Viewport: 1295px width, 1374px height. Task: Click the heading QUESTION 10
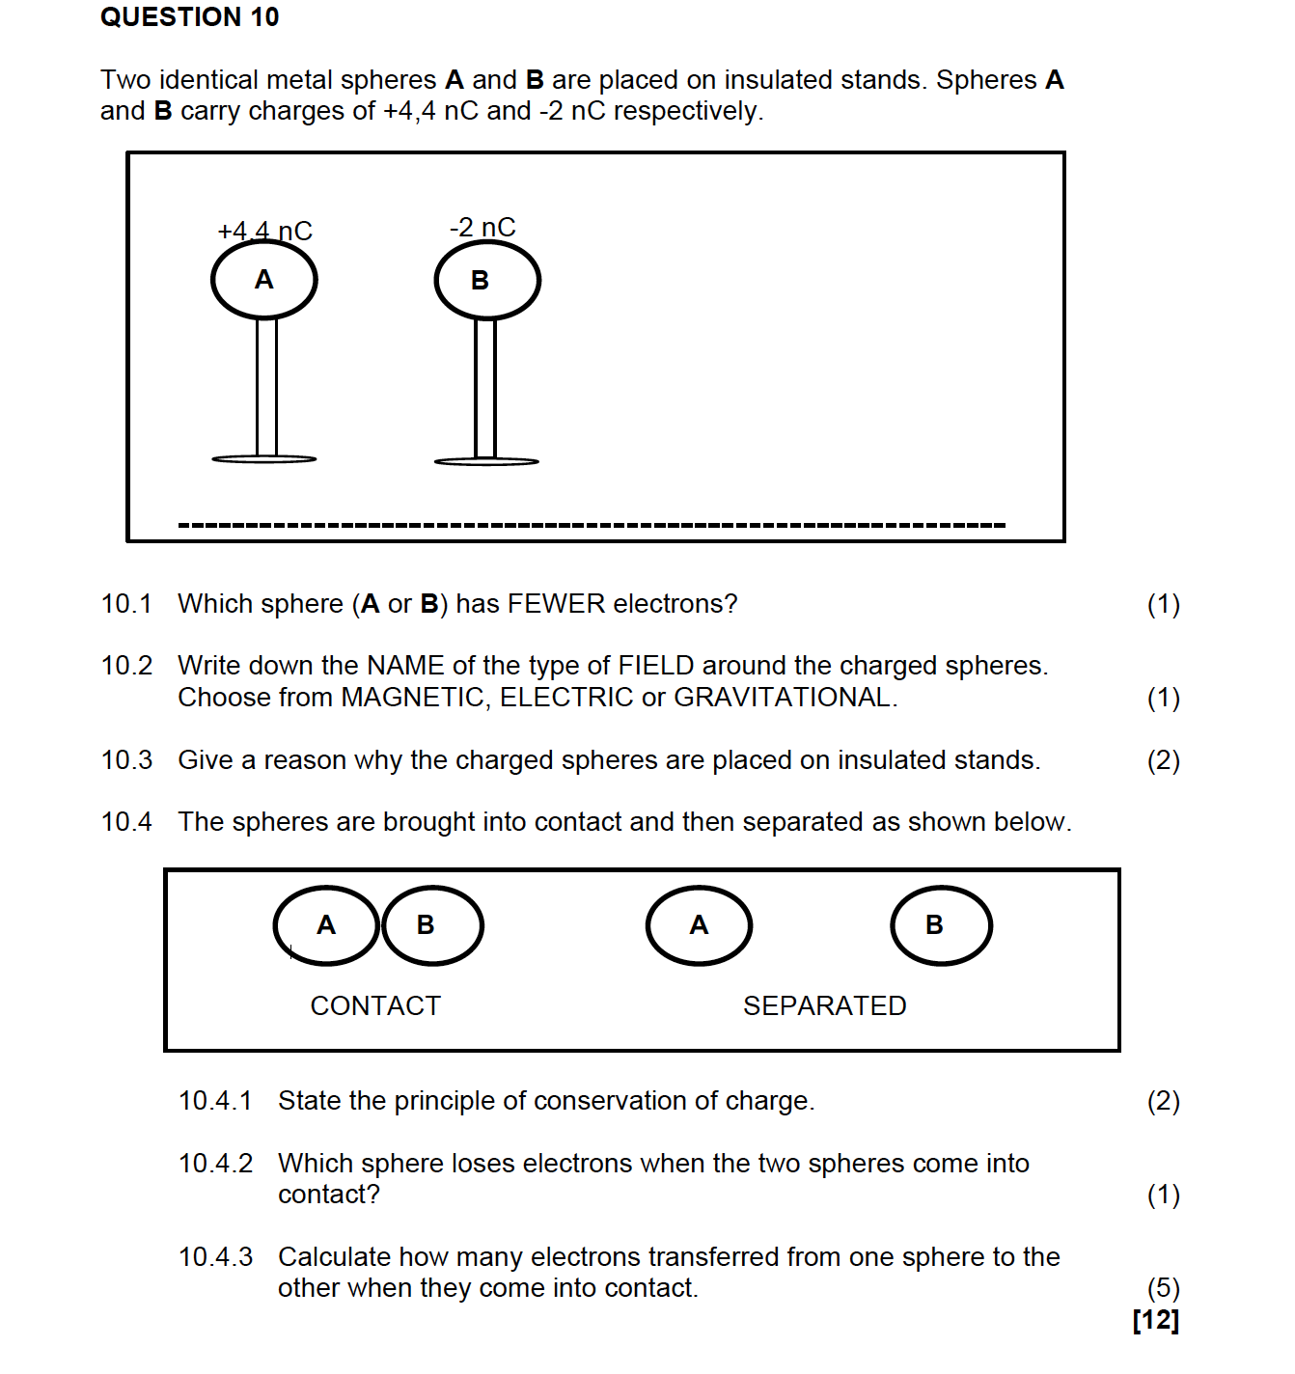[x=189, y=17]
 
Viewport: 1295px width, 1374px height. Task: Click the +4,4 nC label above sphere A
[x=264, y=231]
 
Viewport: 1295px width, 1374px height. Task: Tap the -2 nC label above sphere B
[x=482, y=227]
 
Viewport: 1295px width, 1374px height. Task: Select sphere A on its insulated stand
[x=264, y=280]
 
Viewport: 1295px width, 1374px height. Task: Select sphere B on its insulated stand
[x=487, y=281]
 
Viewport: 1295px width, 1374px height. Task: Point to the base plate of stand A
[x=264, y=459]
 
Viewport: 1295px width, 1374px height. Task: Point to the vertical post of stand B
[x=485, y=389]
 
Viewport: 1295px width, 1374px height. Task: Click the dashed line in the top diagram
[x=592, y=525]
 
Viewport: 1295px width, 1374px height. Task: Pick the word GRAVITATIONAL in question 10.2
[x=784, y=698]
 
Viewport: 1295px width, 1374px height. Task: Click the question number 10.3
[x=126, y=760]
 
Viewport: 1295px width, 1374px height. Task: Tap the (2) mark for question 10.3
[x=1163, y=760]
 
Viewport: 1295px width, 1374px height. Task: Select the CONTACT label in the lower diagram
[x=375, y=1005]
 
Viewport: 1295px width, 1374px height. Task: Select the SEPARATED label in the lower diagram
[x=824, y=1005]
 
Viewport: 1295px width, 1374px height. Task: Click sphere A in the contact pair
[x=326, y=925]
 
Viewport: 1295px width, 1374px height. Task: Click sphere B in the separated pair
[x=941, y=925]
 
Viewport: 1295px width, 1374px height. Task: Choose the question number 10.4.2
[x=215, y=1164]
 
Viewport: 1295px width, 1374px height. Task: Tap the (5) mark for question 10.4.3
[x=1163, y=1288]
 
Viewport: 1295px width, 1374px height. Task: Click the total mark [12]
[x=1156, y=1320]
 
